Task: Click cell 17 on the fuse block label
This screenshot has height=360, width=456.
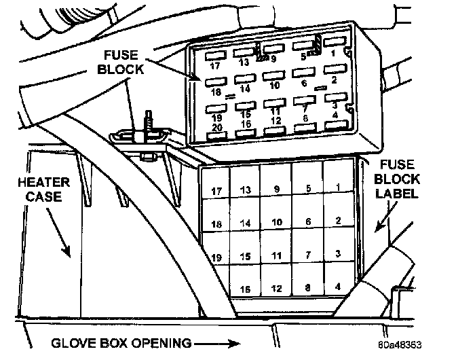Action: pyautogui.click(x=216, y=192)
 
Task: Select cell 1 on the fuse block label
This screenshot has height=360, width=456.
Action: pyautogui.click(x=337, y=187)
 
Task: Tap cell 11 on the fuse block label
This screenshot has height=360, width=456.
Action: pyautogui.click(x=276, y=255)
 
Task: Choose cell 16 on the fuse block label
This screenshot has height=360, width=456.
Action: pyautogui.click(x=246, y=290)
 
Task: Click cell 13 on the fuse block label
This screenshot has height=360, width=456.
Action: pyautogui.click(x=246, y=190)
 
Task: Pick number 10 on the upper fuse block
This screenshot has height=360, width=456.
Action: pyautogui.click(x=273, y=86)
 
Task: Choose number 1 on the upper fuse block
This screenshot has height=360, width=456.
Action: pyautogui.click(x=334, y=52)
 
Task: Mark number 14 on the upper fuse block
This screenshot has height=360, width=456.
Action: pyautogui.click(x=244, y=88)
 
